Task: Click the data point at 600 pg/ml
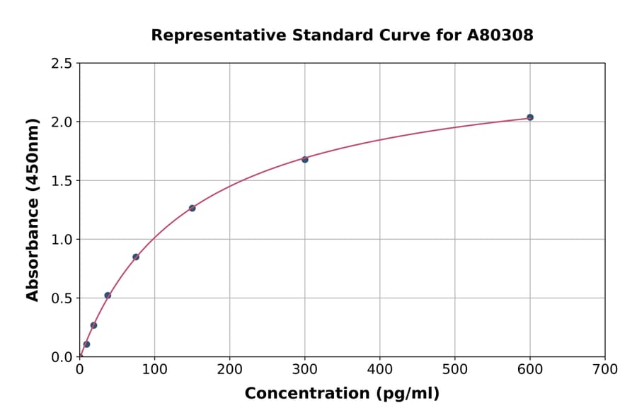[x=529, y=117]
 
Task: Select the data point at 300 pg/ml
[x=304, y=159]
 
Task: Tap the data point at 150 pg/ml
[x=192, y=208]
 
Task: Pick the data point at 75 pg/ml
[x=136, y=257]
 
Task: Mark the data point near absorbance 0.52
[x=108, y=296]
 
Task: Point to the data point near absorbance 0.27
[x=93, y=325]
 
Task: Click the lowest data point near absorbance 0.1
[x=86, y=344]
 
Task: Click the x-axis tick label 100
[x=154, y=369]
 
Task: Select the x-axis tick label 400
[x=379, y=369]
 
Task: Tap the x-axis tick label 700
[x=604, y=369]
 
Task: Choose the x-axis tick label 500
[x=454, y=369]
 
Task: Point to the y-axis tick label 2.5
[x=62, y=64]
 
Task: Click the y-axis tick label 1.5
[x=62, y=181]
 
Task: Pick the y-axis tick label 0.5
[x=62, y=298]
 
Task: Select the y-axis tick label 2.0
[x=62, y=122]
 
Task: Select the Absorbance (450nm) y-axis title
[x=33, y=210]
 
